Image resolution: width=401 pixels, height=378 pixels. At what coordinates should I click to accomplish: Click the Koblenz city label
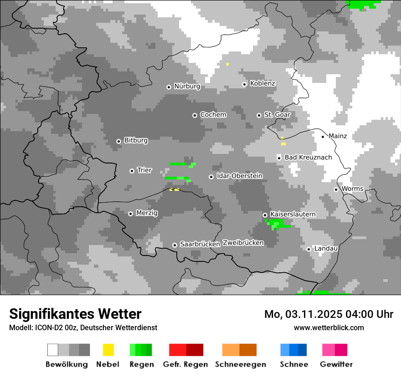point(263,84)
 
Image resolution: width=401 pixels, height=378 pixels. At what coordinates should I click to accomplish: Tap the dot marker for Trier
point(132,171)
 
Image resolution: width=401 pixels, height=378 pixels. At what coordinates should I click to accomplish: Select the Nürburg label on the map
point(187,86)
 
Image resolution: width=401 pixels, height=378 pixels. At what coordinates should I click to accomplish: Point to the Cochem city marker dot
point(195,115)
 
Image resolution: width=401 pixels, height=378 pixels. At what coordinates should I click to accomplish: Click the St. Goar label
point(277,115)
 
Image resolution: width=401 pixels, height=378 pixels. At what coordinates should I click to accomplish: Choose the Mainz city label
point(338,136)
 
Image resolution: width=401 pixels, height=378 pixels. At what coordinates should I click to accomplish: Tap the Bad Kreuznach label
point(308,157)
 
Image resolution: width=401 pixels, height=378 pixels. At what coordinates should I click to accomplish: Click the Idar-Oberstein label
point(240,176)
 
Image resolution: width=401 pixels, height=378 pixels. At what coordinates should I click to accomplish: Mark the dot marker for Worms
point(336,189)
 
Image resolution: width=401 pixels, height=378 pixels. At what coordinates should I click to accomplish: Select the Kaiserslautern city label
point(293,214)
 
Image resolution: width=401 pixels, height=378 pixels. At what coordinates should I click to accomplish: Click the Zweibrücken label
point(243,243)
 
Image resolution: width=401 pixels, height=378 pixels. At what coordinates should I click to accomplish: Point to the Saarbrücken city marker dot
point(175,245)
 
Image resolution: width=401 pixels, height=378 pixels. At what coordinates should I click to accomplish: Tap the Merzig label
point(147,213)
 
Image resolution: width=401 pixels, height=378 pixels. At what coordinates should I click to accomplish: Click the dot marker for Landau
point(308,249)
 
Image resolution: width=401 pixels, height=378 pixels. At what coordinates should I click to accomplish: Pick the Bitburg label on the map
point(136,140)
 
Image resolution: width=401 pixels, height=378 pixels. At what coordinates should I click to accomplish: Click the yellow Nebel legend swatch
point(108,350)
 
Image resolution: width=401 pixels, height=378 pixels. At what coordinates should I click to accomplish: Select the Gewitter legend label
point(336,364)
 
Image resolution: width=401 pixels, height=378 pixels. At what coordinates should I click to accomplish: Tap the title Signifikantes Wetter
point(75,314)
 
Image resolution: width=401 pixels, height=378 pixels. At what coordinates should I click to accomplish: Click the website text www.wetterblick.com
point(329,327)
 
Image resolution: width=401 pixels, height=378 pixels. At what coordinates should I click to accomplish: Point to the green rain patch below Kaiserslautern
point(277,224)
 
